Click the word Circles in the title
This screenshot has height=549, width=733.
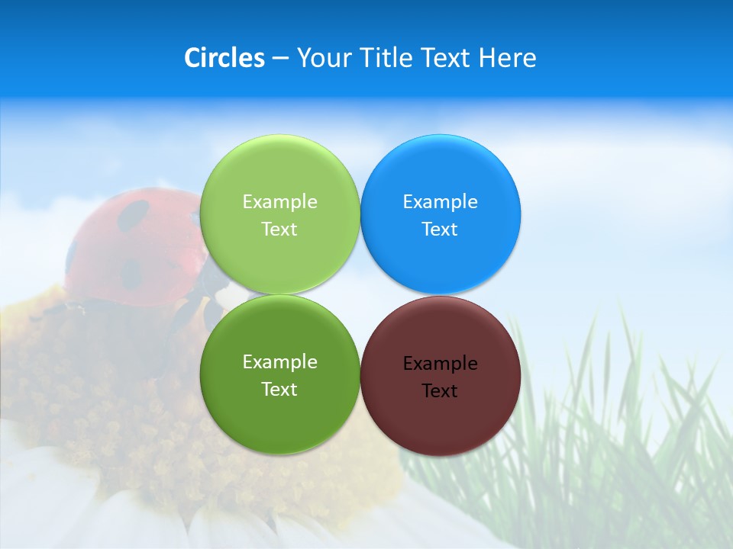point(224,58)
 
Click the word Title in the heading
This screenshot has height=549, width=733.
point(386,58)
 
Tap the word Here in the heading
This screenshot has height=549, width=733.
point(507,58)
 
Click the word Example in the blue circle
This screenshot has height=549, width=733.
point(441,202)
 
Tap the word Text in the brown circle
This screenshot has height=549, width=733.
point(440,391)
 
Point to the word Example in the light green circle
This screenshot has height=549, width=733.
point(279,202)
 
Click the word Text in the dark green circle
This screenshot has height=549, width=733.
point(279,390)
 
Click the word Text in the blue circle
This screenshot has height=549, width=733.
point(440,230)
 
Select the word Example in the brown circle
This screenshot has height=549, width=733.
point(441,364)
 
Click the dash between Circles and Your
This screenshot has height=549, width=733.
point(280,59)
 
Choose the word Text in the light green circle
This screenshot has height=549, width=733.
point(279,230)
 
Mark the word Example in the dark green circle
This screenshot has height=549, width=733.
point(279,362)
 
